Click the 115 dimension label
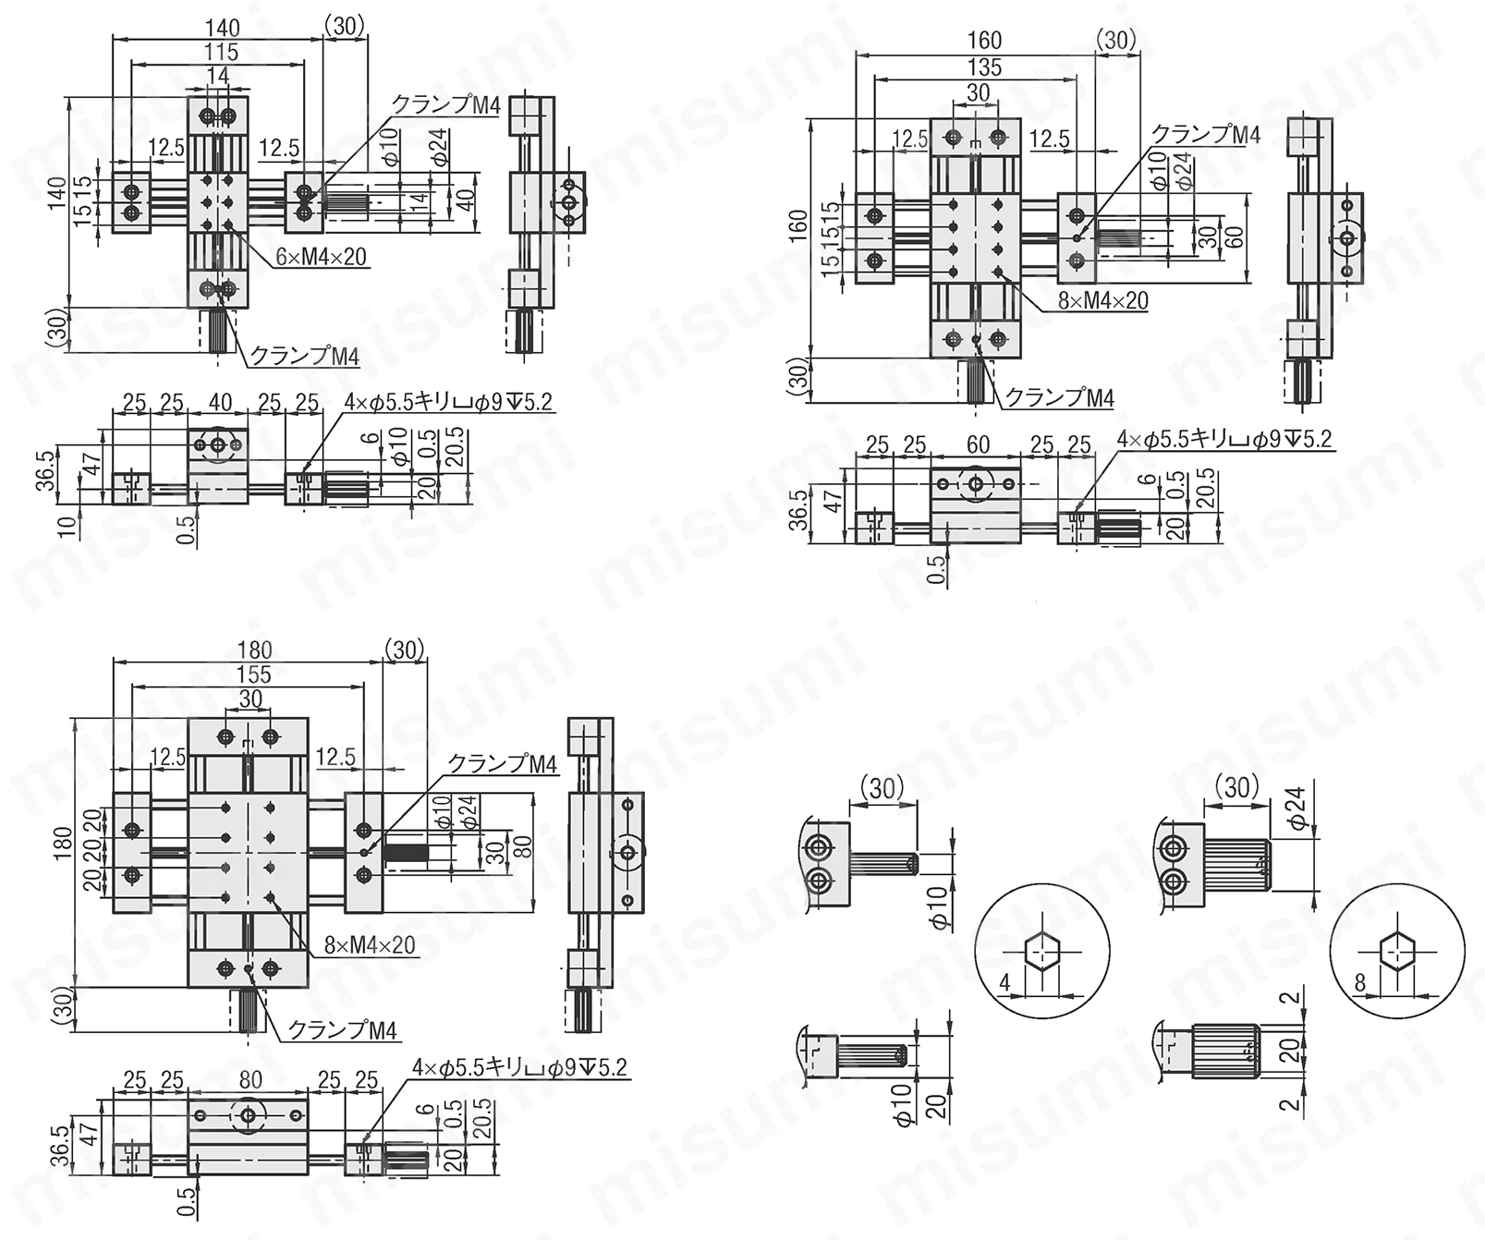click(x=222, y=53)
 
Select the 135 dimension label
click(x=984, y=67)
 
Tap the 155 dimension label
click(x=253, y=675)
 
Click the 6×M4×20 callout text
click(x=321, y=257)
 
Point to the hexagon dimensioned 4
click(x=1041, y=952)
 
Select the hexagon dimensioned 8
click(x=1397, y=951)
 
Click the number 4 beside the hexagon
click(x=1005, y=983)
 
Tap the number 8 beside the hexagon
click(x=1360, y=983)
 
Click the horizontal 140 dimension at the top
click(x=222, y=28)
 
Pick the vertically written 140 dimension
click(x=57, y=193)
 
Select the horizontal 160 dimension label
click(x=984, y=41)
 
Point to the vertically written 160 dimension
click(x=798, y=227)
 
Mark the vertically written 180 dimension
click(x=63, y=843)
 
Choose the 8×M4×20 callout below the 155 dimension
click(x=370, y=945)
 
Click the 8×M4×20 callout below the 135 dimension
click(x=1102, y=300)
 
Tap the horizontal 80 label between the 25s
click(x=250, y=1079)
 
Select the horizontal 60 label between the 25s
click(x=978, y=444)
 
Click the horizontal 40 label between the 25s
click(x=220, y=403)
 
